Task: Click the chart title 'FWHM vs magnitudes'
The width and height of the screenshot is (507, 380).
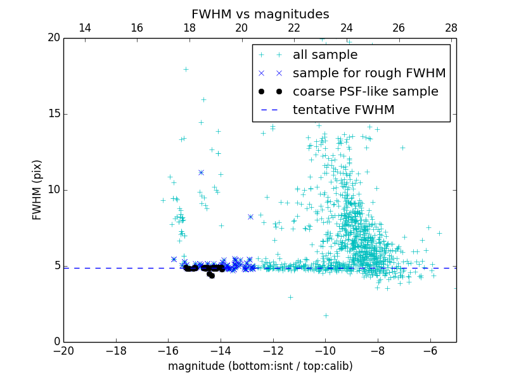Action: [x=260, y=14]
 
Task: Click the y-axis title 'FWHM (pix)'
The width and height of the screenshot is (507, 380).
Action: [x=37, y=190]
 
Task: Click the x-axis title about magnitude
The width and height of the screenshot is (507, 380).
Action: [x=260, y=366]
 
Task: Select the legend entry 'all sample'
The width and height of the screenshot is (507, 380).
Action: [x=325, y=55]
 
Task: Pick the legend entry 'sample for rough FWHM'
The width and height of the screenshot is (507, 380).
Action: [x=369, y=73]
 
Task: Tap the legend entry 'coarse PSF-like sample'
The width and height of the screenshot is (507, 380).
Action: [x=365, y=92]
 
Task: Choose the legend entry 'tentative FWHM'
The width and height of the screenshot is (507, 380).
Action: [x=343, y=110]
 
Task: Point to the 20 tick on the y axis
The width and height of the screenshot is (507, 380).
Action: [x=53, y=38]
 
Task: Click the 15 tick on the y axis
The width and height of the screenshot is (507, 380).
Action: [x=53, y=114]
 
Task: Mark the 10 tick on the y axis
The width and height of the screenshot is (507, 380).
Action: [x=53, y=190]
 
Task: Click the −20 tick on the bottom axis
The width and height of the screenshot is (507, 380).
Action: [x=63, y=350]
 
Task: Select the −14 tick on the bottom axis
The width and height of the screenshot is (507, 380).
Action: [x=221, y=350]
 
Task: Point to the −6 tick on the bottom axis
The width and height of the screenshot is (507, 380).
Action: [x=430, y=350]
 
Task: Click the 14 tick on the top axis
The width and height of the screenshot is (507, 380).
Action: [x=84, y=28]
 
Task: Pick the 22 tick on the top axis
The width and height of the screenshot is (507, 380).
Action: [x=294, y=28]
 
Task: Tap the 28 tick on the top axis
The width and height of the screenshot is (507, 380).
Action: [x=451, y=28]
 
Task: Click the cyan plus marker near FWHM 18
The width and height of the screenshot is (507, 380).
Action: [x=186, y=69]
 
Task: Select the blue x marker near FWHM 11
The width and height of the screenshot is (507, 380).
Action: [x=201, y=172]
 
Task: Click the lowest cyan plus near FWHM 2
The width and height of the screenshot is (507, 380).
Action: [x=326, y=315]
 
